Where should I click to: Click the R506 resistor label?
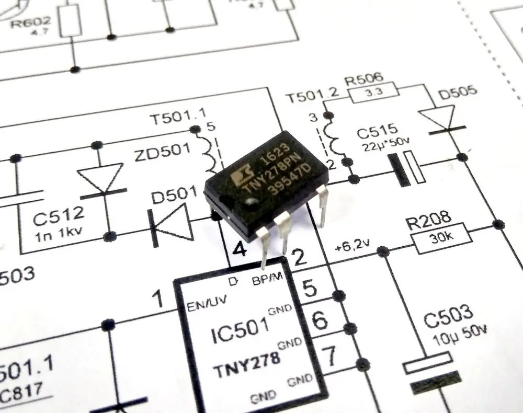click(x=364, y=79)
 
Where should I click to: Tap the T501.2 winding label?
click(x=312, y=98)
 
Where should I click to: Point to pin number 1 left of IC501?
click(x=157, y=300)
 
